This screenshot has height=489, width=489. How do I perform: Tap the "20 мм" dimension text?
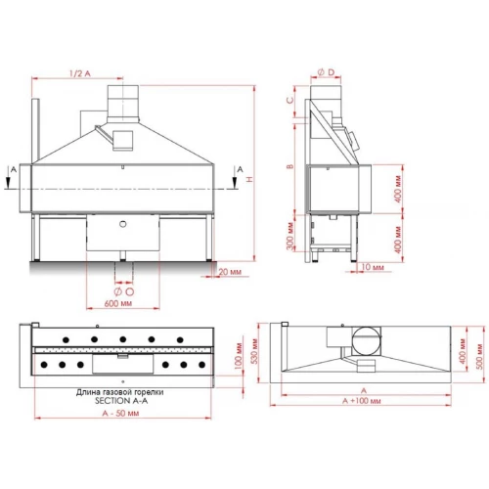229,271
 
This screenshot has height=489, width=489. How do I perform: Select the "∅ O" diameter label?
123,291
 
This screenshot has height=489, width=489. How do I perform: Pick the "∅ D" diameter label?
326,72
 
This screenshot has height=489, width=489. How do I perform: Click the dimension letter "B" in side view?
290,166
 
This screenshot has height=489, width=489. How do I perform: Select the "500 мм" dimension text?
477,350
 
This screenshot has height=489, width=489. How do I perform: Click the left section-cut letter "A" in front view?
11,169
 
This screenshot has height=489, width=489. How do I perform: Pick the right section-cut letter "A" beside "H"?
239,169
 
